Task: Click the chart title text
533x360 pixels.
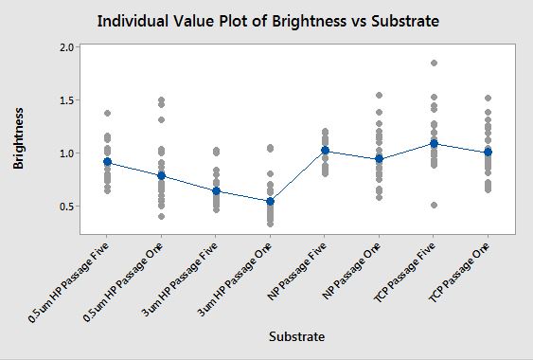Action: [268, 21]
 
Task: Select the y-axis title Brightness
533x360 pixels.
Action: [18, 138]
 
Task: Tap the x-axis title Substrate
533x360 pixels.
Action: [296, 336]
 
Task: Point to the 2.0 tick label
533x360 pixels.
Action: [67, 47]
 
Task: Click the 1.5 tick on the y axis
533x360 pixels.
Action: [67, 100]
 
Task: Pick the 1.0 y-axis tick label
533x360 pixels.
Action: [67, 153]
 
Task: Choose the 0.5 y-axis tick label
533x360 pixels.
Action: [67, 207]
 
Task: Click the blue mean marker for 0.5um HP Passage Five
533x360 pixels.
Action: [107, 162]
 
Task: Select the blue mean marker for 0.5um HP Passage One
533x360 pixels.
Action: [162, 175]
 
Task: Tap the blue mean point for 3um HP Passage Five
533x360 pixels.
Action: [216, 191]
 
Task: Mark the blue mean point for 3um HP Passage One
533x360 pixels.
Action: [270, 202]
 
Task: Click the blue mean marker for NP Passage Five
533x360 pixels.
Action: [326, 150]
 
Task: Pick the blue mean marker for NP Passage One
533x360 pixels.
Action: [380, 158]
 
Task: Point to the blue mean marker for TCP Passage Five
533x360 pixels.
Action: [435, 144]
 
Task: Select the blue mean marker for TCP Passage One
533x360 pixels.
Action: [489, 152]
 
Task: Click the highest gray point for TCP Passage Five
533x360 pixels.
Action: [435, 63]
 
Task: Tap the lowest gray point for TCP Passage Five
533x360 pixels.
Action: [435, 206]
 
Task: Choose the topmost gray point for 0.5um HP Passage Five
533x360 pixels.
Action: [107, 114]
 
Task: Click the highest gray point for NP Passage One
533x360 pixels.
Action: [380, 96]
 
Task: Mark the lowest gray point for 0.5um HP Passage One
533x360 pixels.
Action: [162, 216]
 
